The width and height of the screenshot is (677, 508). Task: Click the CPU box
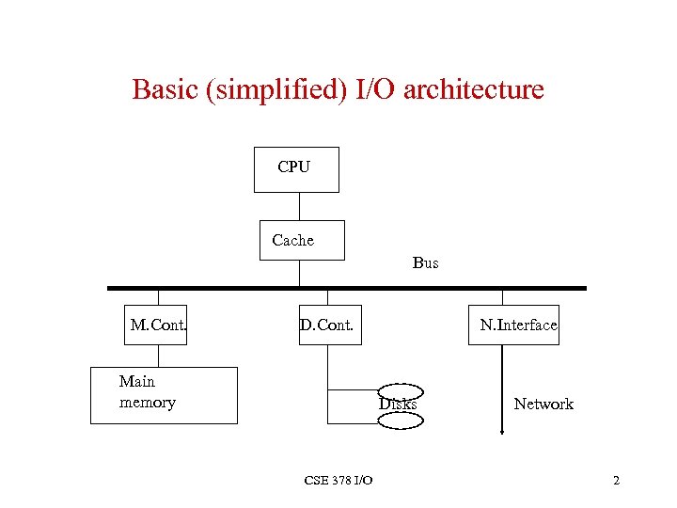pyautogui.click(x=296, y=169)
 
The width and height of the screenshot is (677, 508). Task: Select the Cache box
pyautogui.click(x=301, y=240)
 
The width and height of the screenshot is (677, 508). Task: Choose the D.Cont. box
pyautogui.click(x=330, y=325)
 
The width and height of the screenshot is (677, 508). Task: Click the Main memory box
pyautogui.click(x=164, y=395)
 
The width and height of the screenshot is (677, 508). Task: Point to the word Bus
pyautogui.click(x=425, y=263)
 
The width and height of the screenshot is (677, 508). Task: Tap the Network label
pyautogui.click(x=543, y=404)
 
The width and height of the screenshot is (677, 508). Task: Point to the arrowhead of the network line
pyautogui.click(x=502, y=431)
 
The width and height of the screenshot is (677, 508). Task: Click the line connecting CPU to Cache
pyautogui.click(x=299, y=206)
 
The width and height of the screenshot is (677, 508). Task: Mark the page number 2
pyautogui.click(x=616, y=481)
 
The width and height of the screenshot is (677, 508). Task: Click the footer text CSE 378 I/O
pyautogui.click(x=338, y=481)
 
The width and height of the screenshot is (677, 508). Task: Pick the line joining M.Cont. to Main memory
pyautogui.click(x=158, y=356)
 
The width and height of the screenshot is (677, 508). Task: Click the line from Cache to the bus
pyautogui.click(x=299, y=273)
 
